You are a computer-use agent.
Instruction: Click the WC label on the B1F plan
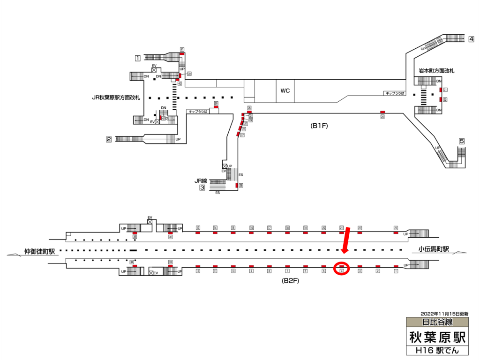coord(285,91)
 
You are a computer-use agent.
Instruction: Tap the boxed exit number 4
coord(471,39)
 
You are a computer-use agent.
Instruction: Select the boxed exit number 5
coord(462,141)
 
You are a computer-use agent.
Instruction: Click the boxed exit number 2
coord(109,139)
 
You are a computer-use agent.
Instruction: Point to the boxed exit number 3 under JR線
coord(202,188)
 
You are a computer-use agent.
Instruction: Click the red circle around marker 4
coord(342,269)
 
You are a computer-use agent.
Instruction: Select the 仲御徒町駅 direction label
coord(39,251)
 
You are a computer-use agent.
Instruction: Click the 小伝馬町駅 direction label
coord(434,249)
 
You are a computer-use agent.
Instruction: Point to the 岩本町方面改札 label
coord(436,71)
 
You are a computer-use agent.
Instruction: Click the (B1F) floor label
coord(318,126)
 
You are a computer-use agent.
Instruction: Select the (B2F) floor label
coord(290,281)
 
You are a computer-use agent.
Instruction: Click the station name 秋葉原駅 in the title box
coord(437,337)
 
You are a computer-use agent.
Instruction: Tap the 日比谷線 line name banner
coord(437,322)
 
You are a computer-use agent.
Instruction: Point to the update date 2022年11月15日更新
coord(444,313)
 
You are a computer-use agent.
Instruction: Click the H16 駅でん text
coord(437,350)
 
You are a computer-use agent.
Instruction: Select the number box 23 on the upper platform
coord(396,228)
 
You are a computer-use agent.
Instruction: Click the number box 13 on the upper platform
coord(198,228)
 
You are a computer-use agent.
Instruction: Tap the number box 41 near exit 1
coord(181,49)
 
